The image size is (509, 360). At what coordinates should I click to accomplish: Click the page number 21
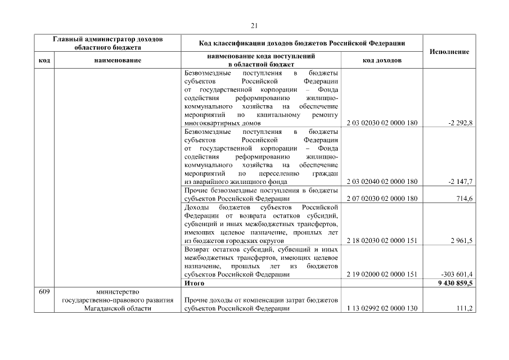click(254, 25)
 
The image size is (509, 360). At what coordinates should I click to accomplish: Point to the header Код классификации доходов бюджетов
click(302, 43)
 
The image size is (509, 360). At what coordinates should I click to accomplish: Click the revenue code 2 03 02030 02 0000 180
click(382, 123)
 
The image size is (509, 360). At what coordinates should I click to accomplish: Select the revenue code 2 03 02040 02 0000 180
click(382, 182)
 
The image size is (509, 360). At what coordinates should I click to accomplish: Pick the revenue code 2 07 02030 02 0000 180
click(382, 199)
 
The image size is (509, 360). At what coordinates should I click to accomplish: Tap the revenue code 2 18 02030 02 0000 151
click(382, 241)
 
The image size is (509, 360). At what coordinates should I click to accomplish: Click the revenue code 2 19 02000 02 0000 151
click(382, 274)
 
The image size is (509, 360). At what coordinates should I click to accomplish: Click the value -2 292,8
click(460, 123)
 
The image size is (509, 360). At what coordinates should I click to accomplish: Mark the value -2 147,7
click(460, 182)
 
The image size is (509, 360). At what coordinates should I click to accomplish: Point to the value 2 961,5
click(461, 241)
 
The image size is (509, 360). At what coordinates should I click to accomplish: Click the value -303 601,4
click(457, 274)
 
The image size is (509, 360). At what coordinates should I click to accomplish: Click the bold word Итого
click(194, 283)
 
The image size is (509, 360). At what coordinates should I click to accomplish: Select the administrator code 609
click(44, 291)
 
